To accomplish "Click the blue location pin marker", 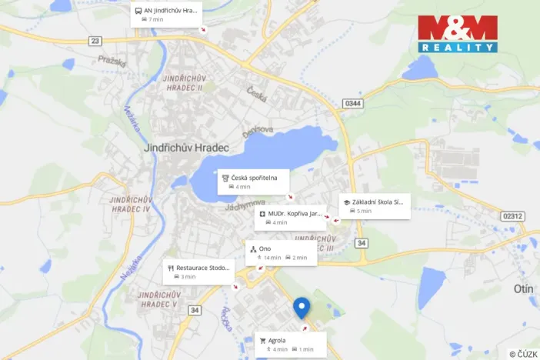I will (302, 308).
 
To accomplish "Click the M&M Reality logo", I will (458, 34).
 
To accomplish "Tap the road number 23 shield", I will (95, 41).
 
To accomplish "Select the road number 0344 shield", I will (353, 102).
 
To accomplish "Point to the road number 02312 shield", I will (512, 216).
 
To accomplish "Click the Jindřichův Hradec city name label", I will (182, 148).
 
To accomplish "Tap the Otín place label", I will (524, 288).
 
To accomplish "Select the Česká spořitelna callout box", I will (253, 182).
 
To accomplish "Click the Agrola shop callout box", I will (290, 344).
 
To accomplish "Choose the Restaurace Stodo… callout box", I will (198, 272).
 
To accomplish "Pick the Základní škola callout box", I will (374, 205).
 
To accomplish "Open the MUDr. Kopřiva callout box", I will (291, 218).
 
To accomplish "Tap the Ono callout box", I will (281, 253).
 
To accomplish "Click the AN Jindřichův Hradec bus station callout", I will (166, 15).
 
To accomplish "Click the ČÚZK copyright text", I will (523, 354).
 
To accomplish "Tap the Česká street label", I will (256, 95).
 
